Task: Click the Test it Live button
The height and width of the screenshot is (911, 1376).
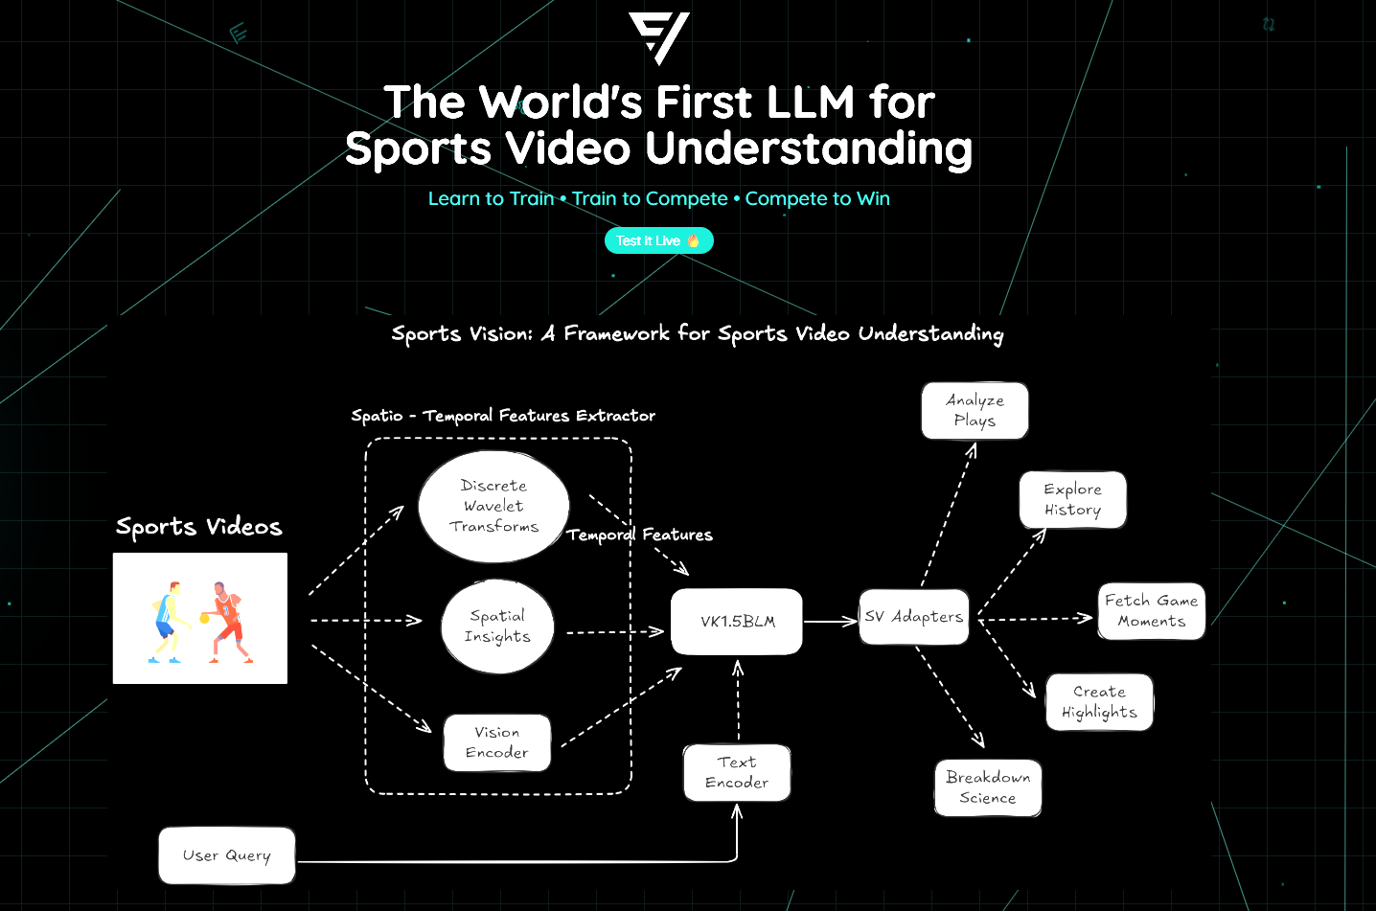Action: pyautogui.click(x=658, y=240)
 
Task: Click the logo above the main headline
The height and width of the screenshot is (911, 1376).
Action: pyautogui.click(x=659, y=37)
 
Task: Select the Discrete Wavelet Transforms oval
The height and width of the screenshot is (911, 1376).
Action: pyautogui.click(x=493, y=506)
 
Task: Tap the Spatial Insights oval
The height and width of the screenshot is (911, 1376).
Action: pyautogui.click(x=497, y=626)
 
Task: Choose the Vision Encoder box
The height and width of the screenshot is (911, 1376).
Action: pyautogui.click(x=497, y=742)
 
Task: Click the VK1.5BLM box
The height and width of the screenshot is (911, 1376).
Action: pyautogui.click(x=737, y=622)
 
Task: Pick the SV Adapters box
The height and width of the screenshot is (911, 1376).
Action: pyautogui.click(x=914, y=617)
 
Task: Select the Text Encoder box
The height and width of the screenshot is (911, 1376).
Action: pyautogui.click(x=737, y=772)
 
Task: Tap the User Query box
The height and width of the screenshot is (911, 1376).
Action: pyautogui.click(x=227, y=855)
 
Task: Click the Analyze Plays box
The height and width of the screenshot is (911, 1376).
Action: pyautogui.click(x=975, y=411)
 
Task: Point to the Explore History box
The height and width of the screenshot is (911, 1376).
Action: pyautogui.click(x=1072, y=499)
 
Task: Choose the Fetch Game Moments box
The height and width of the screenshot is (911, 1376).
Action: pyautogui.click(x=1151, y=611)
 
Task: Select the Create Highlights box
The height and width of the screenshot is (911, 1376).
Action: pyautogui.click(x=1099, y=702)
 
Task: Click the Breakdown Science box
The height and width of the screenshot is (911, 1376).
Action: pyautogui.click(x=988, y=787)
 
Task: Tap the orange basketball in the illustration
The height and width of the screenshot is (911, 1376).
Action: pyautogui.click(x=204, y=619)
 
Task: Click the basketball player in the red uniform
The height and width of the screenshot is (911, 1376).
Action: pyautogui.click(x=228, y=621)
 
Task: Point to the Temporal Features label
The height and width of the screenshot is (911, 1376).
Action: pyautogui.click(x=639, y=535)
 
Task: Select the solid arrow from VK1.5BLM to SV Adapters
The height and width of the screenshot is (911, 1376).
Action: pyautogui.click(x=830, y=622)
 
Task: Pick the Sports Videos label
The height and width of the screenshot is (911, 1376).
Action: pyautogui.click(x=199, y=527)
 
